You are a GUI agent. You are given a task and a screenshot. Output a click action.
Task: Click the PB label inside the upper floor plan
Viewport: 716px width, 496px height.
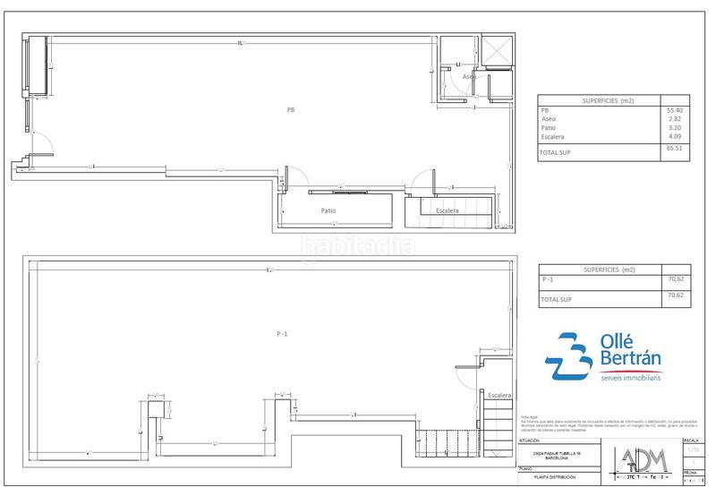(x=290, y=110)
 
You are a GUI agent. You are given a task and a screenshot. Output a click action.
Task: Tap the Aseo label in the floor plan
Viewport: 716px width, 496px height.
(x=468, y=78)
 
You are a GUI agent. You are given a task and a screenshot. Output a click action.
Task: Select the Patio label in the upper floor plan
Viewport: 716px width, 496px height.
(x=329, y=211)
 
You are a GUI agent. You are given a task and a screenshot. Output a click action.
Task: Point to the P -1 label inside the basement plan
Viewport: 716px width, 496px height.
(x=281, y=334)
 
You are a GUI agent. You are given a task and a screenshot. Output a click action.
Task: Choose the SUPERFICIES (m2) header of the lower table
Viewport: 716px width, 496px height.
(x=598, y=269)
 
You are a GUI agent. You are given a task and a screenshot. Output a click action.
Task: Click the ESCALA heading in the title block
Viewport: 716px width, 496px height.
(x=691, y=441)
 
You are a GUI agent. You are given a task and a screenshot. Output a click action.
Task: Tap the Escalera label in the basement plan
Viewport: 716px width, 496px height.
(x=499, y=395)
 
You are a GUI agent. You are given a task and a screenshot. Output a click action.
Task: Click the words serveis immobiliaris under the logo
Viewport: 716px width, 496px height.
(x=629, y=379)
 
